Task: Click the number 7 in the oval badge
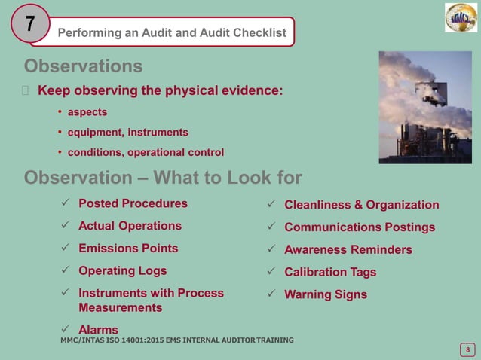(x=29, y=25)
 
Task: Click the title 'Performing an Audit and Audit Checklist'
(x=172, y=32)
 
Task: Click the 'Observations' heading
(x=84, y=67)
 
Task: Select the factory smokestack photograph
(x=425, y=107)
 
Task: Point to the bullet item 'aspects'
(x=87, y=112)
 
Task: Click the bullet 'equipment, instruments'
(x=128, y=133)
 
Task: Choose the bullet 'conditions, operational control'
(x=146, y=153)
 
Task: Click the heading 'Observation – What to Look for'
(x=163, y=178)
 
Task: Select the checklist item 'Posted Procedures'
(x=133, y=203)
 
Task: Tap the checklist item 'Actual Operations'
(x=130, y=226)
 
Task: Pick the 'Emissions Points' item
(x=128, y=249)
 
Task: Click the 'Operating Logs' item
(x=123, y=270)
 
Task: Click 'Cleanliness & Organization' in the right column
(x=361, y=205)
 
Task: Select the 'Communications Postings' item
(x=359, y=227)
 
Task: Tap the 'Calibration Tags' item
(x=330, y=272)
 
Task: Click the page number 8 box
(x=467, y=349)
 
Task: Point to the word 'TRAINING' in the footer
(x=269, y=340)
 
